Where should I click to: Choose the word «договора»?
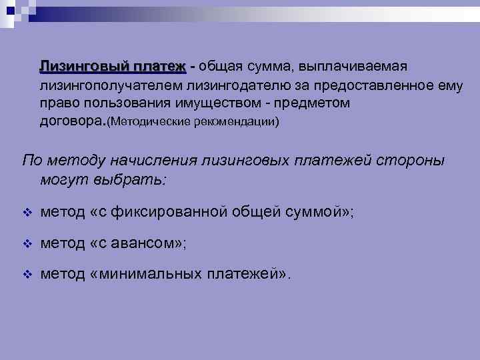71,123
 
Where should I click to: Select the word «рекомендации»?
235,123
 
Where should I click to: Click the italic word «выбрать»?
133,180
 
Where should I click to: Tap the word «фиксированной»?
173,213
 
